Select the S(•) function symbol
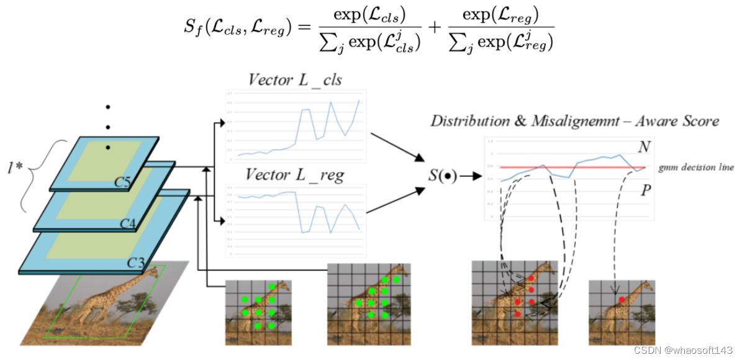point(442,176)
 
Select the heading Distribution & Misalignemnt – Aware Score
point(574,121)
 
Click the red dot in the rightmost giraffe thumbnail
point(622,300)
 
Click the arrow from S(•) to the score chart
point(471,176)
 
